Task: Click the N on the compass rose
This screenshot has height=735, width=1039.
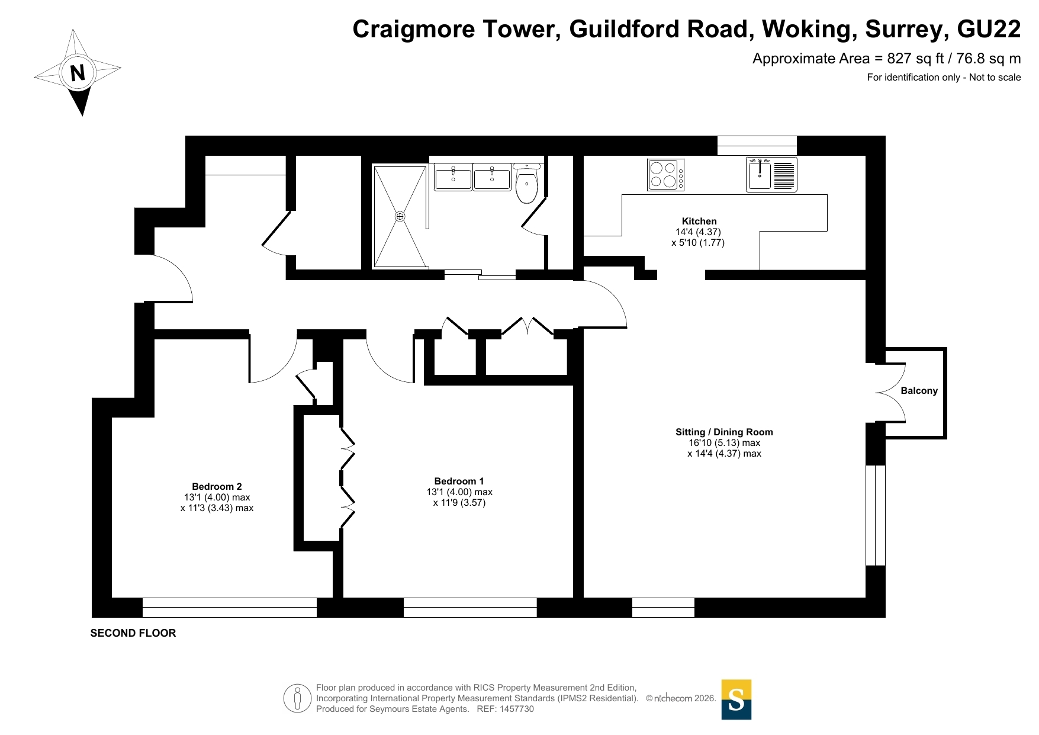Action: pos(78,73)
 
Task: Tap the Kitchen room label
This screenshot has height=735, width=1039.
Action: pos(699,221)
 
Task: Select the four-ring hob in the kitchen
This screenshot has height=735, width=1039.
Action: pos(665,175)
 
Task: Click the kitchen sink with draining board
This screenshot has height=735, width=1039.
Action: pos(771,174)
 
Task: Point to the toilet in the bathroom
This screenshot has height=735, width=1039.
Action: pos(526,183)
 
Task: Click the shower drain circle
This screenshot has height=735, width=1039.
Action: pos(400,216)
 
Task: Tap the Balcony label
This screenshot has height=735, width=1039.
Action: pos(919,391)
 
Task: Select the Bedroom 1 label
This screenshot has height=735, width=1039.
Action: pos(459,481)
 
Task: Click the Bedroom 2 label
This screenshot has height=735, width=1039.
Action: pos(217,486)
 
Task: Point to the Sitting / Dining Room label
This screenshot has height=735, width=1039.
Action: pos(724,432)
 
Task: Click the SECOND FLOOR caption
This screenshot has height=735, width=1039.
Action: pos(133,633)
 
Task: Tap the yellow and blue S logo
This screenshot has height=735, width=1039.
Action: pos(736,699)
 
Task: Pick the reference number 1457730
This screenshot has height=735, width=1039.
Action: pos(517,709)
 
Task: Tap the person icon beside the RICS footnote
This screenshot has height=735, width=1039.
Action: pos(297,698)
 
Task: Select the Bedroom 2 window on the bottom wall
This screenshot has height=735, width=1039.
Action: pos(230,608)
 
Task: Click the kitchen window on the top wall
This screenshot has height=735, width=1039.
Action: pos(757,146)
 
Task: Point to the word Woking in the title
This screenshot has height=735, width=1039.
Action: pos(809,29)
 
